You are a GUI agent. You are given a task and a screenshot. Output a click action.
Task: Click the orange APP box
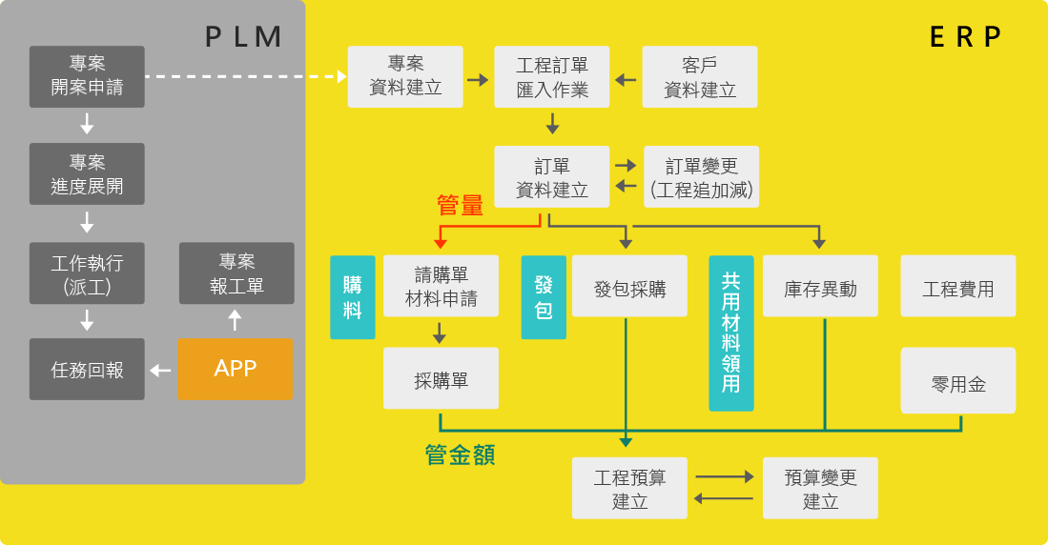coord(235,369)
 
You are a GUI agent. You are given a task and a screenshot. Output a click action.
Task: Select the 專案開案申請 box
coord(87,77)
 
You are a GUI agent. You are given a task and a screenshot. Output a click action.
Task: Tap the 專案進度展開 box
coord(87,174)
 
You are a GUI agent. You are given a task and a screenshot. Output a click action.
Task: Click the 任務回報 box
coord(87,370)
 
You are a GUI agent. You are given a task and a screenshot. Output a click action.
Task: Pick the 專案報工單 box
coord(236,273)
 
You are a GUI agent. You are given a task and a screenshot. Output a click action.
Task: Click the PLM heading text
coord(244,36)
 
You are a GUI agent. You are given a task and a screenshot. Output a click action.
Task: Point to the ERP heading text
coord(966,36)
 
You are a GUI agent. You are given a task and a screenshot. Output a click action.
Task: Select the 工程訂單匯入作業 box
coord(552,77)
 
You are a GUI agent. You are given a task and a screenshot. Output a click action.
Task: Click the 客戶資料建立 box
coord(700,77)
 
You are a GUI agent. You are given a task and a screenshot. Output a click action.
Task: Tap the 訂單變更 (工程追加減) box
coord(702,176)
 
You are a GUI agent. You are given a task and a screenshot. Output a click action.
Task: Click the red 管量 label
coord(460,205)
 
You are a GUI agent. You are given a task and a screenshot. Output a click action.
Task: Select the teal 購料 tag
coord(353,297)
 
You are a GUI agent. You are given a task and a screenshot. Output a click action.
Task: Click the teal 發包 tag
coord(544,297)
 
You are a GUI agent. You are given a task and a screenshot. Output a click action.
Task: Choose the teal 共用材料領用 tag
coord(731,333)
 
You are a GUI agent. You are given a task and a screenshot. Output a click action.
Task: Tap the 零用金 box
coord(958,380)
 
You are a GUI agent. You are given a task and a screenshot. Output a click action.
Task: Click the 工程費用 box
coord(958,287)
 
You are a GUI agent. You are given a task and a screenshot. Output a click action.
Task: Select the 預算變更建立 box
coord(820,488)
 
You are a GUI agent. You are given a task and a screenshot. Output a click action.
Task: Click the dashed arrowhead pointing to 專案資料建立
coord(341,76)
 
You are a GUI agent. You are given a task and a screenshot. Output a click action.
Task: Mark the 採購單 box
coord(441,379)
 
